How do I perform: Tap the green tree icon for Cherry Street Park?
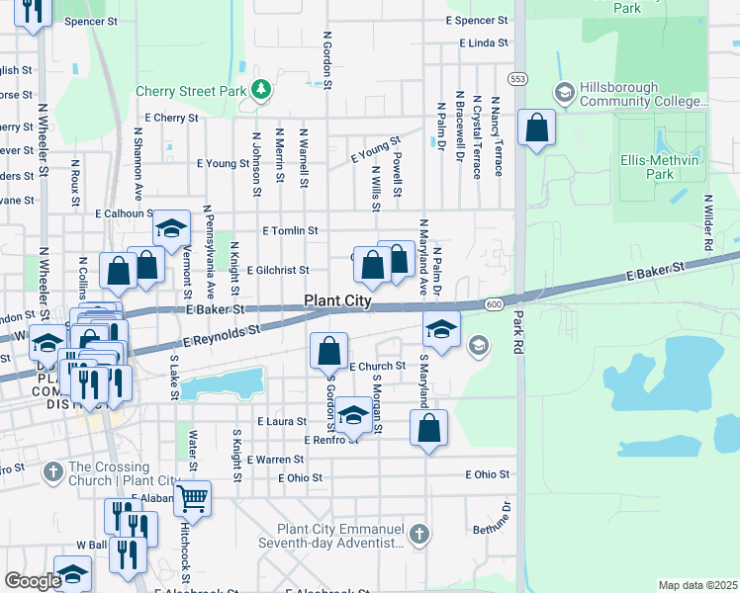[x=260, y=91]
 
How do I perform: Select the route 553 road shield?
[x=517, y=77]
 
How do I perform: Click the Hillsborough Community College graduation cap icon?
[x=564, y=93]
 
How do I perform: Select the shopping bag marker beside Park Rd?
[x=536, y=127]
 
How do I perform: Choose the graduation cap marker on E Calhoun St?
[x=171, y=228]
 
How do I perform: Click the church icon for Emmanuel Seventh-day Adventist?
[x=419, y=535]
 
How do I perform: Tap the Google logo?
[x=33, y=580]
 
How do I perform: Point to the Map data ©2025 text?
[x=696, y=585]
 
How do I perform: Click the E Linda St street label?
[x=484, y=43]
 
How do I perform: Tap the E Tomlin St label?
[x=290, y=230]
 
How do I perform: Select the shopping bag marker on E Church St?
[x=328, y=351]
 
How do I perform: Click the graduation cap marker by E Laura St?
[x=353, y=415]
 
